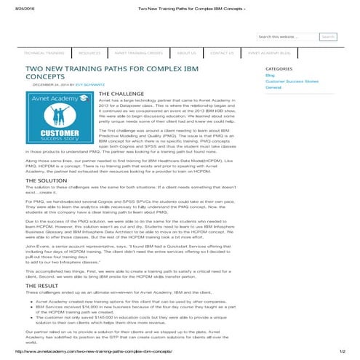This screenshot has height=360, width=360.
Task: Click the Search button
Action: point(328,36)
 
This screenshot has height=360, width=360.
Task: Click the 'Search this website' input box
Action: point(287,36)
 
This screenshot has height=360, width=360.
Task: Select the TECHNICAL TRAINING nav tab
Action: point(44,53)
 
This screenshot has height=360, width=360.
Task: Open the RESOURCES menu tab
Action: point(89,53)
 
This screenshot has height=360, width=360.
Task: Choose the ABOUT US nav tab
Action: point(187,53)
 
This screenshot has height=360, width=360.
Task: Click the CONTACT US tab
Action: point(222,53)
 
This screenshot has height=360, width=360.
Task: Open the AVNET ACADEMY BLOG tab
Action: point(269,53)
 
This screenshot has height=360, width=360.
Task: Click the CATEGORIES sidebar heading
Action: point(280,68)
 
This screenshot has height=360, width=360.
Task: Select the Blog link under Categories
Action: point(270,75)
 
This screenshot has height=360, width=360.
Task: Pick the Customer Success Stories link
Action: point(291,81)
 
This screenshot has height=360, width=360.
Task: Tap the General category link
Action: point(274,87)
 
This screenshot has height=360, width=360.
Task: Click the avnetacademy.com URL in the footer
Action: point(97,353)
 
